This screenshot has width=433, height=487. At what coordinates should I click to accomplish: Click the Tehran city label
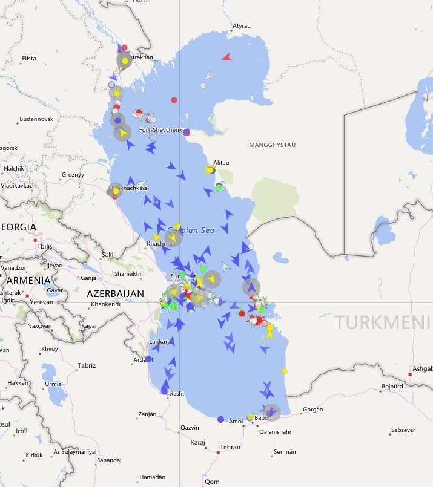click(x=230, y=447)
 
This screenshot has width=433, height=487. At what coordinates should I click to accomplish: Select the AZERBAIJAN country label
click(x=116, y=293)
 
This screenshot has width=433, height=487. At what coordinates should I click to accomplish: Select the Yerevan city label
click(x=42, y=301)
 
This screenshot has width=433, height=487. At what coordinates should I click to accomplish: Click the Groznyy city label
click(x=73, y=175)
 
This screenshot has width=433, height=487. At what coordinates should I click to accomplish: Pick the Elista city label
click(x=29, y=59)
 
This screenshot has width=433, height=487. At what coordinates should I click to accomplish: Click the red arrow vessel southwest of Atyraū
click(x=226, y=57)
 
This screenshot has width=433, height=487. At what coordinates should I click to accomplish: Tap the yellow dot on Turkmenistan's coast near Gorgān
click(x=284, y=371)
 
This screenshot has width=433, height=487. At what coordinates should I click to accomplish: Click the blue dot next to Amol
click(x=220, y=419)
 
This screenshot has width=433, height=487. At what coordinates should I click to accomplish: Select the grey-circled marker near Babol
click(x=272, y=412)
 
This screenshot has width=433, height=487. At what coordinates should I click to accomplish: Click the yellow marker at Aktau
click(x=210, y=170)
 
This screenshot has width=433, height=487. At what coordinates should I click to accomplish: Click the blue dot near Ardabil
click(x=149, y=359)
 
